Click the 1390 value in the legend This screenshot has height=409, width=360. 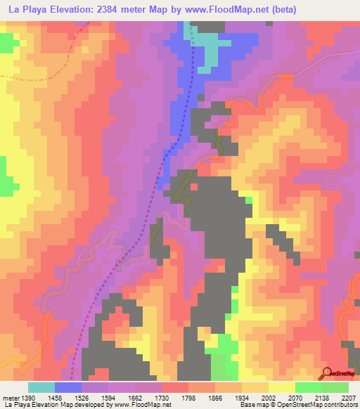pos(25,397)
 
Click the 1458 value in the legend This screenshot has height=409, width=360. pos(54,397)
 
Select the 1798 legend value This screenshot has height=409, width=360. pos(188,397)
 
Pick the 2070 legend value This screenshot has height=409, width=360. pos(295,397)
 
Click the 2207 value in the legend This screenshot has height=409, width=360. pos(348,397)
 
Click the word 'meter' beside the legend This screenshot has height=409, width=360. pos(9,397)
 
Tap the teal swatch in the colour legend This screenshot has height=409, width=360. pos(41,387)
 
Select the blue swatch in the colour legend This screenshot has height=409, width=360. pos(68,387)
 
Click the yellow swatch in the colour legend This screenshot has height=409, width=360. pos(282,387)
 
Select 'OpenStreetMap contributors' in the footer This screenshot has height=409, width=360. pos(320,405)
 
